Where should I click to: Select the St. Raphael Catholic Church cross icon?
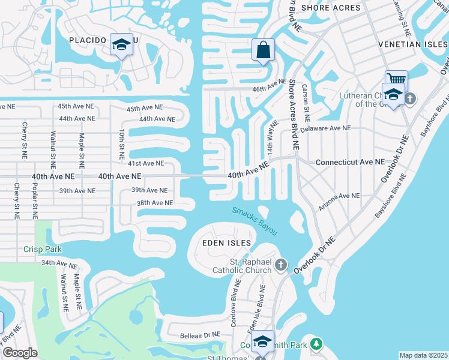click(x=281, y=264)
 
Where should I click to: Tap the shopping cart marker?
click(x=396, y=79)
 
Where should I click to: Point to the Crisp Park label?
click(x=39, y=249)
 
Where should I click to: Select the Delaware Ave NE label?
click(x=325, y=128)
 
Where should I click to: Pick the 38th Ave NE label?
click(x=155, y=203)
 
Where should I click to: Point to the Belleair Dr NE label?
click(x=203, y=335)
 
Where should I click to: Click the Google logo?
click(x=20, y=353)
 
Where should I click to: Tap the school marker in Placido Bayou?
click(x=122, y=45)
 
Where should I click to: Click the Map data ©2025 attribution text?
click(x=423, y=355)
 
